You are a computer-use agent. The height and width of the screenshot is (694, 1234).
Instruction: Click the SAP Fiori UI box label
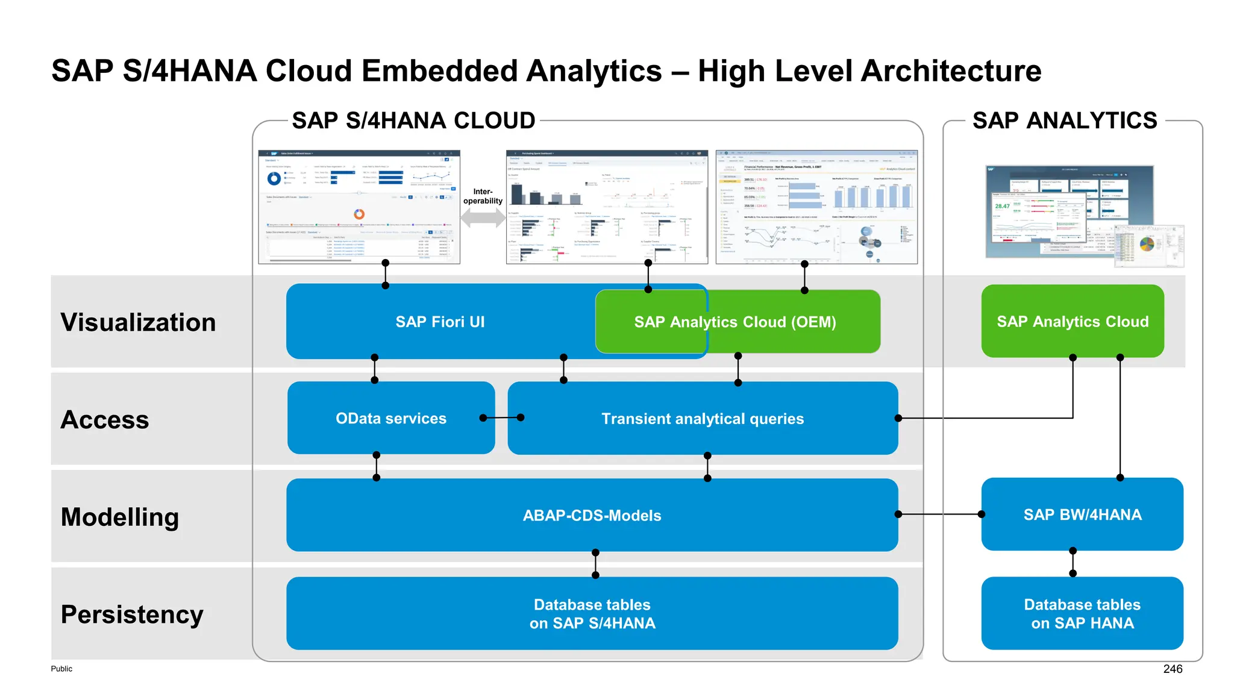pyautogui.click(x=440, y=322)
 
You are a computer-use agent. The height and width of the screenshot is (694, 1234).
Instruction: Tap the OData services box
pyautogui.click(x=391, y=418)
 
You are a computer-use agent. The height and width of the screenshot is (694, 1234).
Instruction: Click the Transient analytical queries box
pyautogui.click(x=703, y=419)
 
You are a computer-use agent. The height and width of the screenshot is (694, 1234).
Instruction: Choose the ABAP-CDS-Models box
pyautogui.click(x=592, y=516)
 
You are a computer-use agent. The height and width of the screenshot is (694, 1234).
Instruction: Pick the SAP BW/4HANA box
pyautogui.click(x=1082, y=514)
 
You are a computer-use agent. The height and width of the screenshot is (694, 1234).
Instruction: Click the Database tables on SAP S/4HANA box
pyautogui.click(x=592, y=613)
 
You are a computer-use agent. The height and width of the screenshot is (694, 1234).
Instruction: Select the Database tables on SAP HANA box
pyautogui.click(x=1082, y=613)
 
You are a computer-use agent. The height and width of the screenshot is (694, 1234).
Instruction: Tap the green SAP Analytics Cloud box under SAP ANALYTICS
pyautogui.click(x=1073, y=322)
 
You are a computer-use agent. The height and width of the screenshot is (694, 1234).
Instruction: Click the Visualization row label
pyautogui.click(x=138, y=322)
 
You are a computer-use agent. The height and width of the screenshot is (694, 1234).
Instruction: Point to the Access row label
pyautogui.click(x=105, y=419)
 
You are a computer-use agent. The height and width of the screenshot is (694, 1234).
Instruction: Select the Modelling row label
pyautogui.click(x=120, y=517)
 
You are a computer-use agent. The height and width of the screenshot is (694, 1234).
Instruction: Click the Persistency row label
pyautogui.click(x=132, y=614)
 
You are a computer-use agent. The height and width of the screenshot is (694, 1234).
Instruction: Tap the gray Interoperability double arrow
pyautogui.click(x=483, y=217)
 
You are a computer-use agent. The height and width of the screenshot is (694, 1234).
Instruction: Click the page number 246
pyautogui.click(x=1173, y=669)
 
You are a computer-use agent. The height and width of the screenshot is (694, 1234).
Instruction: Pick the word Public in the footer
pyautogui.click(x=61, y=669)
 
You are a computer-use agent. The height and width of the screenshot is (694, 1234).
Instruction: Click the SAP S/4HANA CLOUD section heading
pyautogui.click(x=413, y=120)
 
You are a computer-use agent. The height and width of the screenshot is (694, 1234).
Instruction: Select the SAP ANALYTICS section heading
pyautogui.click(x=1065, y=120)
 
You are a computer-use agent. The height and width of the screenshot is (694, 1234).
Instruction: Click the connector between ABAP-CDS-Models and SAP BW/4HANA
pyautogui.click(x=940, y=514)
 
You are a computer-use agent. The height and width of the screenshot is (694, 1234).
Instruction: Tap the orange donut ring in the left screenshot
pyautogui.click(x=359, y=214)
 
